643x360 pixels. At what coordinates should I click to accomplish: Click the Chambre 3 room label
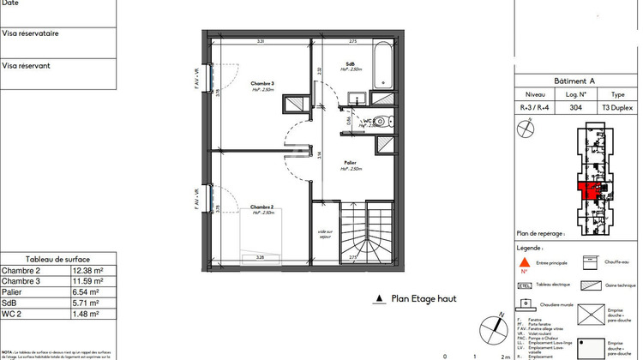tap(261, 83)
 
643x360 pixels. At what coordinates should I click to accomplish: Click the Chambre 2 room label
tap(261, 207)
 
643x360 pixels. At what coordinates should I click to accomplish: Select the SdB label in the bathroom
tap(351, 64)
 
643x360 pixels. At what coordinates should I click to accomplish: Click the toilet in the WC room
tap(385, 121)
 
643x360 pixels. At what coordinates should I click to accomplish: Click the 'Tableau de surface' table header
tap(57, 260)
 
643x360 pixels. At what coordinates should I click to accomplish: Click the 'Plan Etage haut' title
tap(423, 299)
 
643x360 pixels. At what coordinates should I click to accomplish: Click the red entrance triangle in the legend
tap(525, 262)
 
